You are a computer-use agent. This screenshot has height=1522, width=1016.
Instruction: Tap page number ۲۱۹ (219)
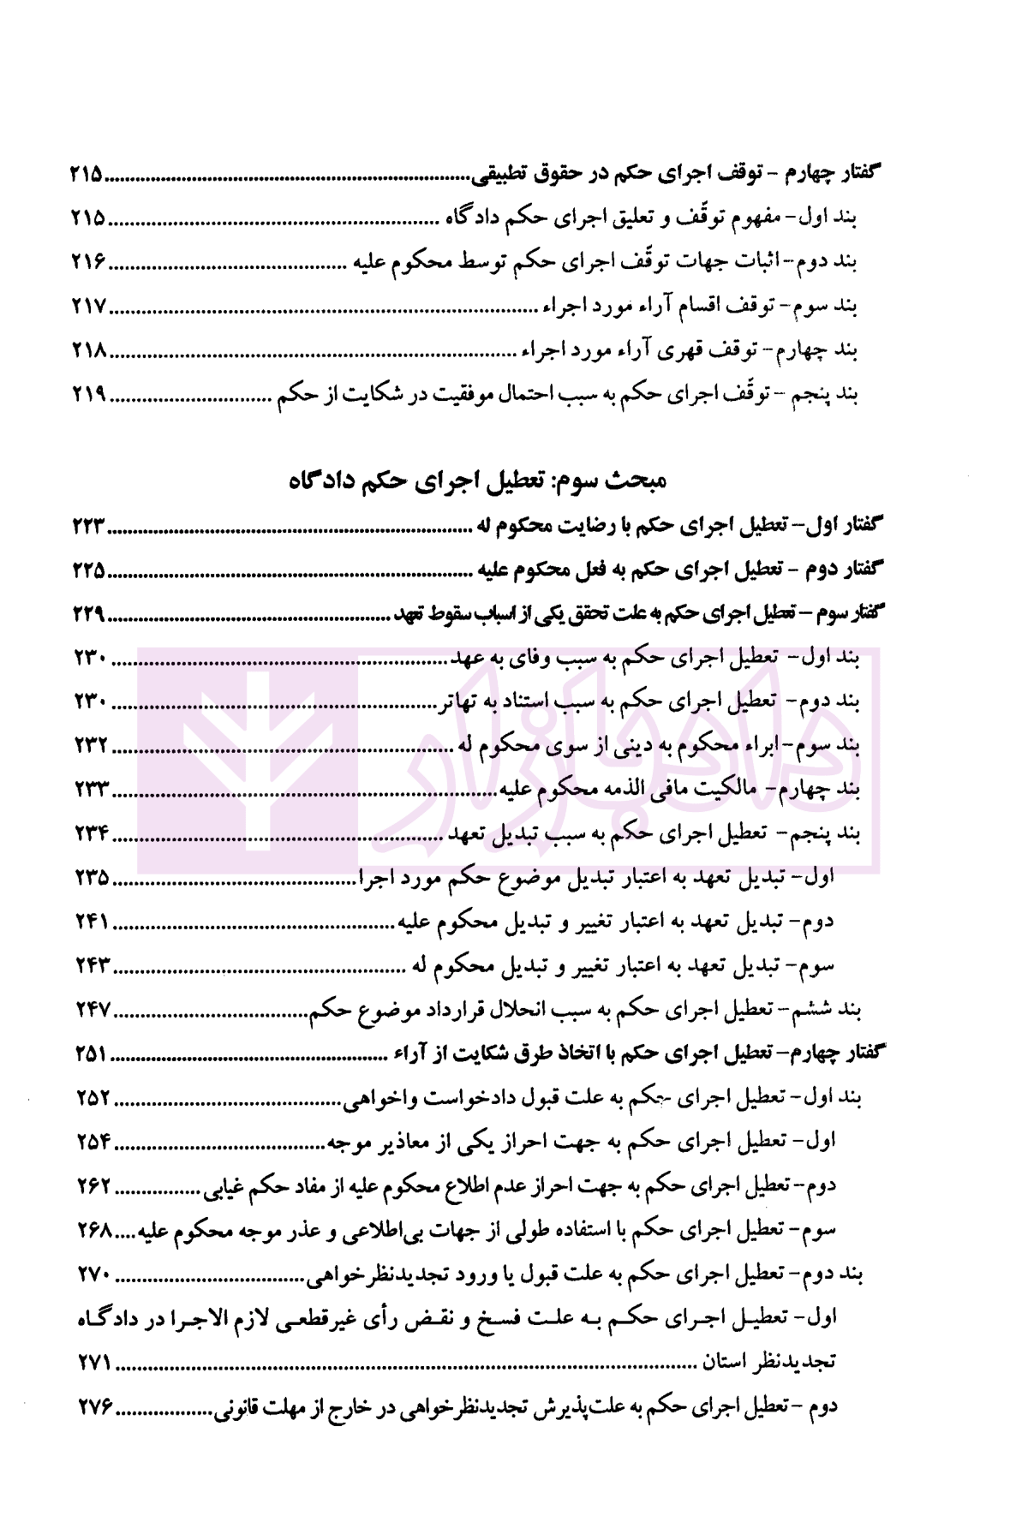click(x=87, y=395)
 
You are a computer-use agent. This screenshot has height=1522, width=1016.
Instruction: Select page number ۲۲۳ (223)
click(x=87, y=526)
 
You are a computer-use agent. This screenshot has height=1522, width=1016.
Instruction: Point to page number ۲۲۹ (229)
click(x=87, y=613)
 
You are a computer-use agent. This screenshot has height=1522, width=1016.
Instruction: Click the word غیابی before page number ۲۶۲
click(x=225, y=1186)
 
